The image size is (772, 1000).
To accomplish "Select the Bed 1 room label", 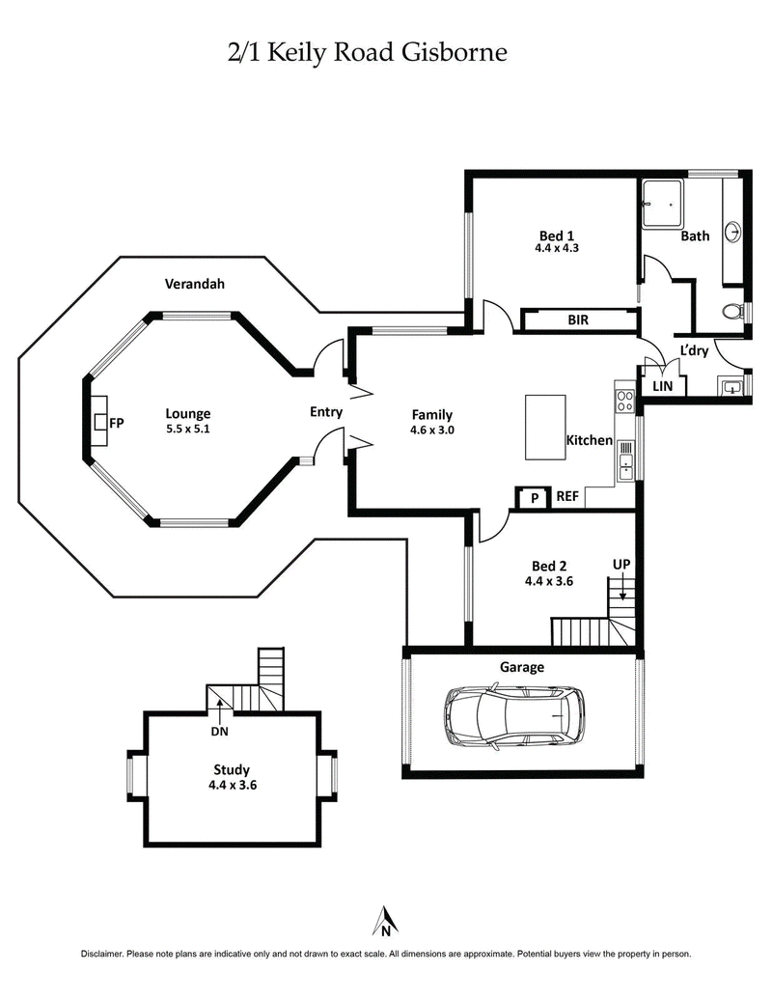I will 556,235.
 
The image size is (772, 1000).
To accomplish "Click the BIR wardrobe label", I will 578,319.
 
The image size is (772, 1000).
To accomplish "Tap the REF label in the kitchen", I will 567,497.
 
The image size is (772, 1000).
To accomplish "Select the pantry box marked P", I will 531,497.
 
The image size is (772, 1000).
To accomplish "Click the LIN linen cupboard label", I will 663,386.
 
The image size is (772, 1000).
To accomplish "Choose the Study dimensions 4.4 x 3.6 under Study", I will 232,786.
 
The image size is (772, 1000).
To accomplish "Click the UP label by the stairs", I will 621,563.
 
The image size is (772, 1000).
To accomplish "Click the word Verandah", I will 194,284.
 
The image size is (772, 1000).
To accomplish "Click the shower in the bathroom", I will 662,205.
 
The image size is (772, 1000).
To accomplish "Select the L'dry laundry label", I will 694,350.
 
